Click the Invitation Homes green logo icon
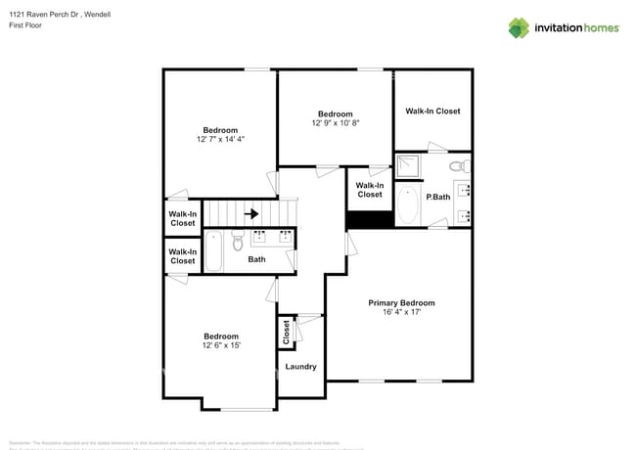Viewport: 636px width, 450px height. pos(518,27)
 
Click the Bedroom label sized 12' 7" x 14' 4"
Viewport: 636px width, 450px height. pos(220,135)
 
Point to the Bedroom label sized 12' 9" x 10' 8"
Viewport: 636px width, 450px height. pos(336,118)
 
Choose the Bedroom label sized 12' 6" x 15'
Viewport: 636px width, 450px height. pos(220,340)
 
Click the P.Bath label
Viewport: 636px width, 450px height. pos(437,197)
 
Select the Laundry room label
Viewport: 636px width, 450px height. pos(300,367)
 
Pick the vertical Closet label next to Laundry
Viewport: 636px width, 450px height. pos(287,334)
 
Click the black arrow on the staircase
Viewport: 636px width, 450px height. pos(250,213)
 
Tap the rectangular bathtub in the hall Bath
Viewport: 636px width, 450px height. pos(214,251)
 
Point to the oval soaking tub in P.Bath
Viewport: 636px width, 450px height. pos(409,206)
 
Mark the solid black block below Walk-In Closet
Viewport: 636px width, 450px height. pos(369,219)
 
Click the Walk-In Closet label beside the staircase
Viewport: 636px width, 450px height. pos(183,218)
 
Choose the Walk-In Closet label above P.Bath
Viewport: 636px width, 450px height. pos(432,112)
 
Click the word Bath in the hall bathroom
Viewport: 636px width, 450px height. pos(256,259)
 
